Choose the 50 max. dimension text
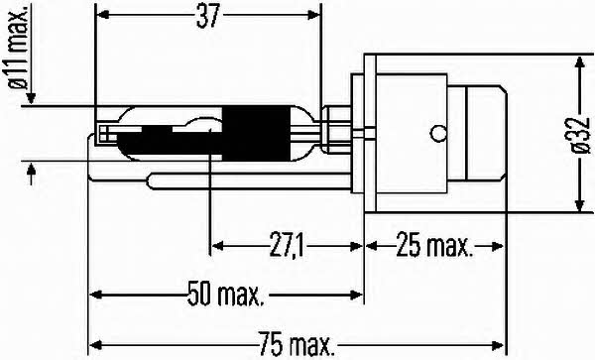coord(226,294)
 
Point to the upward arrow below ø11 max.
coord(33,174)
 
